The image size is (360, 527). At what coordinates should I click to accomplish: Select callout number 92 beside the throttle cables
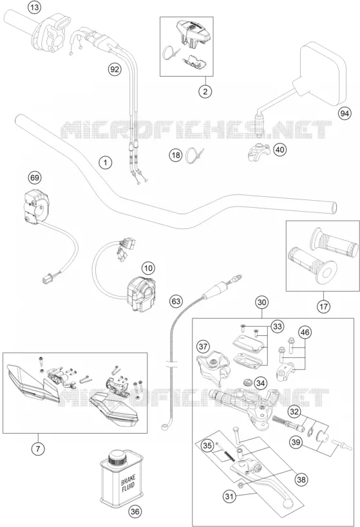[x=115, y=69]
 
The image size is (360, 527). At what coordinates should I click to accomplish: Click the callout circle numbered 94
[x=344, y=114]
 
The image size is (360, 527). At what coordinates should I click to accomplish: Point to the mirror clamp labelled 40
[x=259, y=153]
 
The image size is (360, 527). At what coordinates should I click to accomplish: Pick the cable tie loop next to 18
[x=193, y=155]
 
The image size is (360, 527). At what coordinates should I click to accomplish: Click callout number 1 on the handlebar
[x=106, y=163]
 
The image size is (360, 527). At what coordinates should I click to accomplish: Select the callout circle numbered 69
[x=35, y=178]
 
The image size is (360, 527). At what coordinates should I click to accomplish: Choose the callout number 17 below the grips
[x=323, y=306]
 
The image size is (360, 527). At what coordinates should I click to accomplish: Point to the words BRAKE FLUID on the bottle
[x=128, y=485]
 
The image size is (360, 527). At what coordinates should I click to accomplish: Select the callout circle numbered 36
[x=135, y=512]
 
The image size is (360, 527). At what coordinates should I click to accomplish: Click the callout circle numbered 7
[x=38, y=448]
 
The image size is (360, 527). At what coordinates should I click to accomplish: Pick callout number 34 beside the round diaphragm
[x=260, y=382]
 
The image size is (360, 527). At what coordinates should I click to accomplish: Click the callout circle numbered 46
[x=305, y=333]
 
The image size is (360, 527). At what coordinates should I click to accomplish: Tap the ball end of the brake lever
[x=289, y=503]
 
